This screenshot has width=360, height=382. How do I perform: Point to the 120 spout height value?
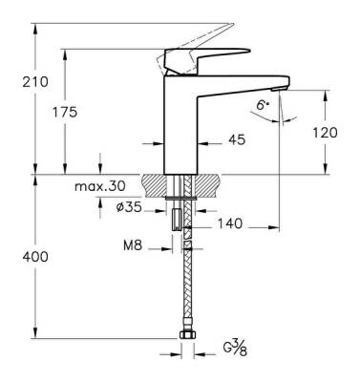coord(325,133)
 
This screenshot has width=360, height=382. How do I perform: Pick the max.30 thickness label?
coord(99,186)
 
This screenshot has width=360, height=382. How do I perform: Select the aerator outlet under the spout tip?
coord(273,90)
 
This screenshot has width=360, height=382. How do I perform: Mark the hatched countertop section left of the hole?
coord(155,182)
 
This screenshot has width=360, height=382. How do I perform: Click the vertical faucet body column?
coord(180,124)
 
